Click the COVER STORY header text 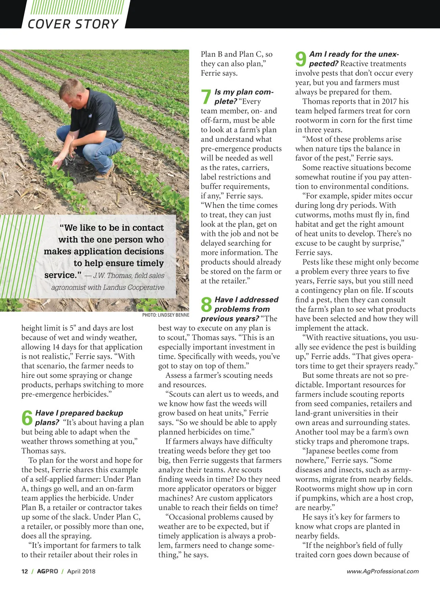click(x=73, y=24)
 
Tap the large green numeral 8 click(x=206, y=305)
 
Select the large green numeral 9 click(x=301, y=59)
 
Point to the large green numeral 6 click(x=27, y=418)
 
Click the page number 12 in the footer click(x=25, y=571)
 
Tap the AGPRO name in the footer click(x=47, y=571)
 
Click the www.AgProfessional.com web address click(x=382, y=571)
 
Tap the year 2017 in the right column click(x=389, y=101)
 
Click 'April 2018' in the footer click(x=81, y=571)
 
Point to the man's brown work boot click(x=104, y=176)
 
